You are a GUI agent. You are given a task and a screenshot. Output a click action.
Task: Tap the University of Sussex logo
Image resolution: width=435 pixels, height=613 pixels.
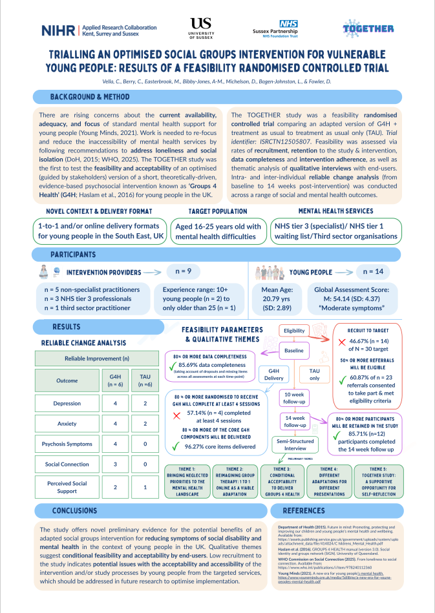[201, 28]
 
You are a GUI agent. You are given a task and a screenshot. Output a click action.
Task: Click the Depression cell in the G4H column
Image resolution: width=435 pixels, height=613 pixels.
[115, 404]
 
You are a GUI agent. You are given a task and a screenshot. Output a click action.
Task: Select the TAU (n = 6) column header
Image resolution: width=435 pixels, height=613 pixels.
[145, 380]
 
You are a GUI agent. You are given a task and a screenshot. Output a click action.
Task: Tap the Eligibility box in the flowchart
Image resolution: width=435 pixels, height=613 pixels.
[294, 331]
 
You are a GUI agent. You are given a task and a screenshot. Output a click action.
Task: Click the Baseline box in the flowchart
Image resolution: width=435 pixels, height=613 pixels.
[294, 351]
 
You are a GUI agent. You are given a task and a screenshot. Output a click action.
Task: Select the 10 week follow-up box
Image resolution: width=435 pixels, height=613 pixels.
[295, 397]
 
